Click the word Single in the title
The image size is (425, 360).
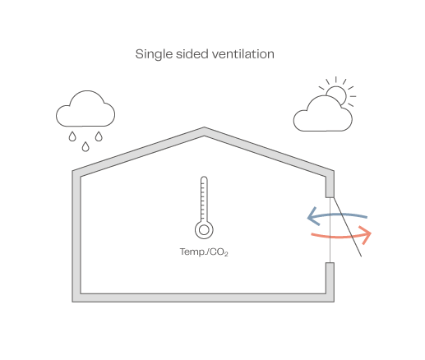(154, 54)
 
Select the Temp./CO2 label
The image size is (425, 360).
(204, 252)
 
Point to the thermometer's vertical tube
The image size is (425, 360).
(204, 199)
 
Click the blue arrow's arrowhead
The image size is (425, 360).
(313, 217)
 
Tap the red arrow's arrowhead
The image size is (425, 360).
(367, 234)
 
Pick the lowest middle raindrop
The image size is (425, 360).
(85, 146)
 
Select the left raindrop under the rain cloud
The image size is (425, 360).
(72, 136)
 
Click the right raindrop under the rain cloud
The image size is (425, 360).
(99, 136)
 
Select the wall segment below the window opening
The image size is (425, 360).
(330, 278)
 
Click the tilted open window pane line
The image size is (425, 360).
(347, 227)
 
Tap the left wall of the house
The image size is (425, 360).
(76, 236)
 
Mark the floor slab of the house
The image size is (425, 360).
(203, 298)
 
